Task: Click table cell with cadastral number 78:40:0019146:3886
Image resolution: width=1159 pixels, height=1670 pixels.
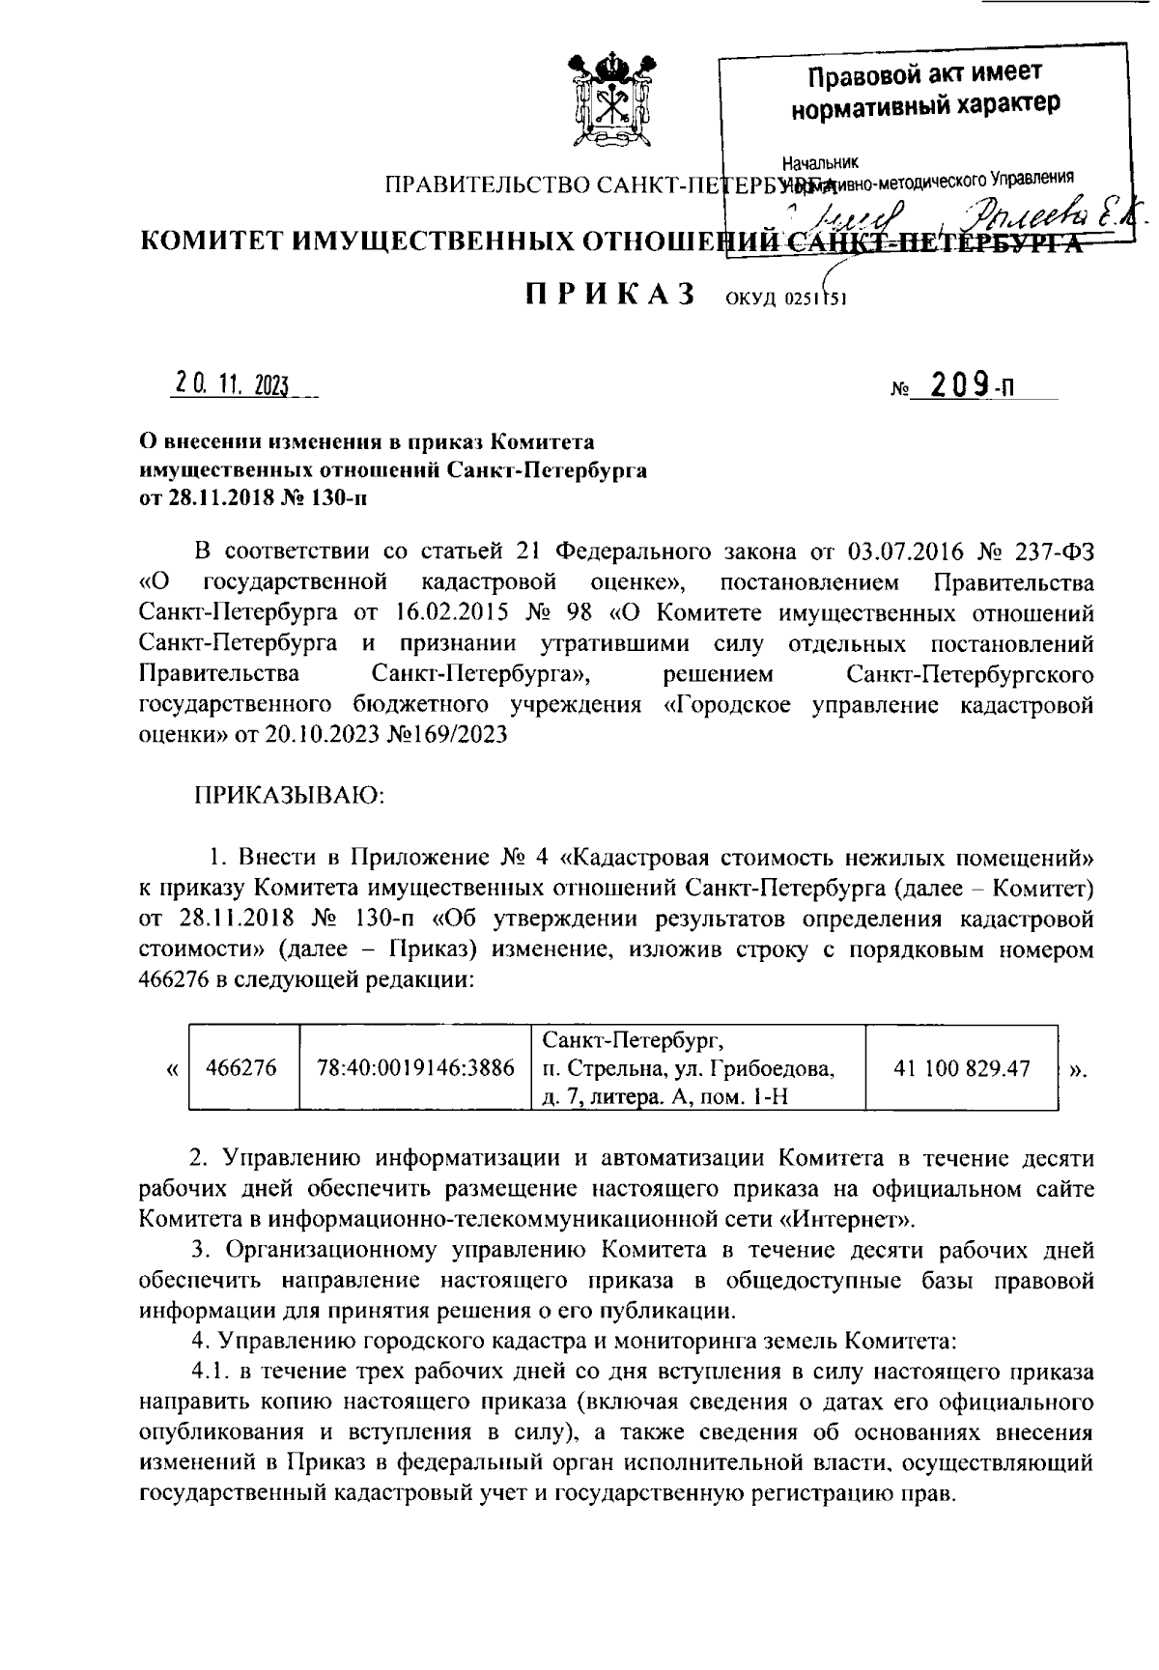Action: (x=415, y=1068)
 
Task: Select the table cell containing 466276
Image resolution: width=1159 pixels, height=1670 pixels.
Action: (x=241, y=1068)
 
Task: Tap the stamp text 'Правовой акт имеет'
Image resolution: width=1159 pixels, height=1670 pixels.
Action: (x=924, y=74)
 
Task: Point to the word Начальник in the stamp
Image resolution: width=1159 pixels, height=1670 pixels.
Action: (x=821, y=162)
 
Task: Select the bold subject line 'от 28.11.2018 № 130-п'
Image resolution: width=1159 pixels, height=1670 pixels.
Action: (x=254, y=498)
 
